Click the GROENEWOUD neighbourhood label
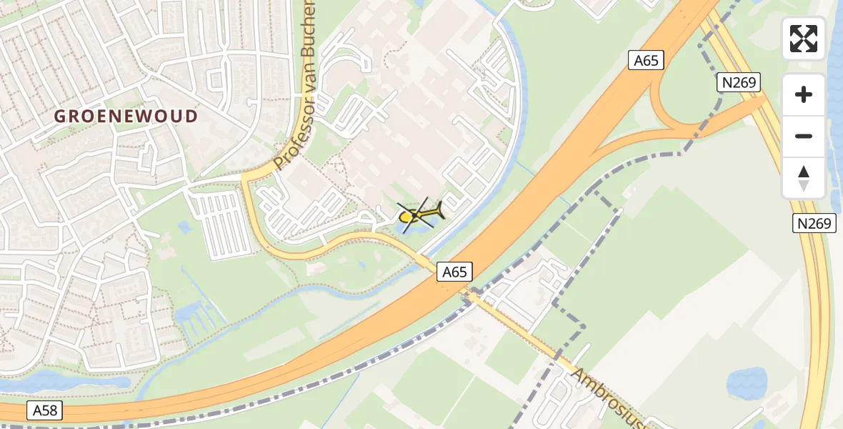(x=126, y=116)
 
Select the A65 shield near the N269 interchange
(x=646, y=60)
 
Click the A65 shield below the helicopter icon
(x=454, y=272)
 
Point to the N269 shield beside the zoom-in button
(x=739, y=82)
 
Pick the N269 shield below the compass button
(x=814, y=224)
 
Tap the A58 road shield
(x=45, y=410)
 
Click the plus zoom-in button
(x=804, y=94)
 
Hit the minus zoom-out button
(x=804, y=136)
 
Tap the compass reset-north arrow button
(x=804, y=177)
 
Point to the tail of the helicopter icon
(x=437, y=210)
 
